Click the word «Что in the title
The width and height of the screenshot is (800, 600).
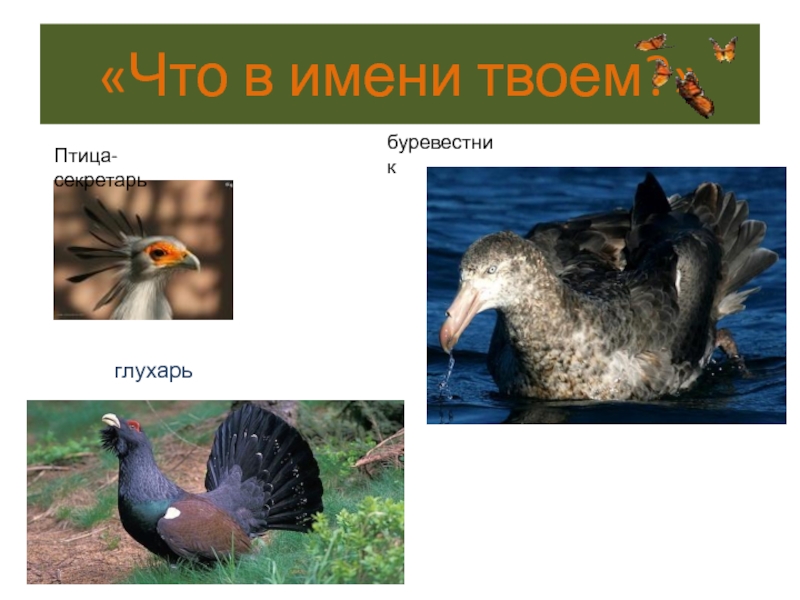point(169,76)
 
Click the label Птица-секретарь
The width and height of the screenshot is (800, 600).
point(100,168)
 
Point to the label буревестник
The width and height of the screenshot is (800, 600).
point(440,155)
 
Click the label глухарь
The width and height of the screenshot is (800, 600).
point(153,371)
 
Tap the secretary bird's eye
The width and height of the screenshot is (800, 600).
point(159,252)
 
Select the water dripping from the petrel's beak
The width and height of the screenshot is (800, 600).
point(447,375)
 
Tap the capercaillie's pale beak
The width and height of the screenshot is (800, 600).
point(111,421)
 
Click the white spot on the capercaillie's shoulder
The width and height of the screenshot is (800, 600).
point(173,512)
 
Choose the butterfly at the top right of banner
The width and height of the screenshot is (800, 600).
point(723,48)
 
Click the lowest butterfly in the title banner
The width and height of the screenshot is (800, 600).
point(693,94)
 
